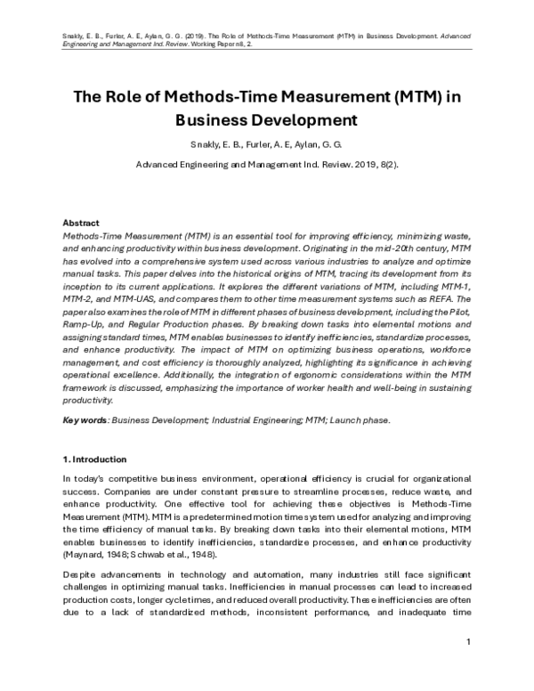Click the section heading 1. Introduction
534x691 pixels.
coord(94,459)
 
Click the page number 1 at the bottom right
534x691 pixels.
coord(468,642)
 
